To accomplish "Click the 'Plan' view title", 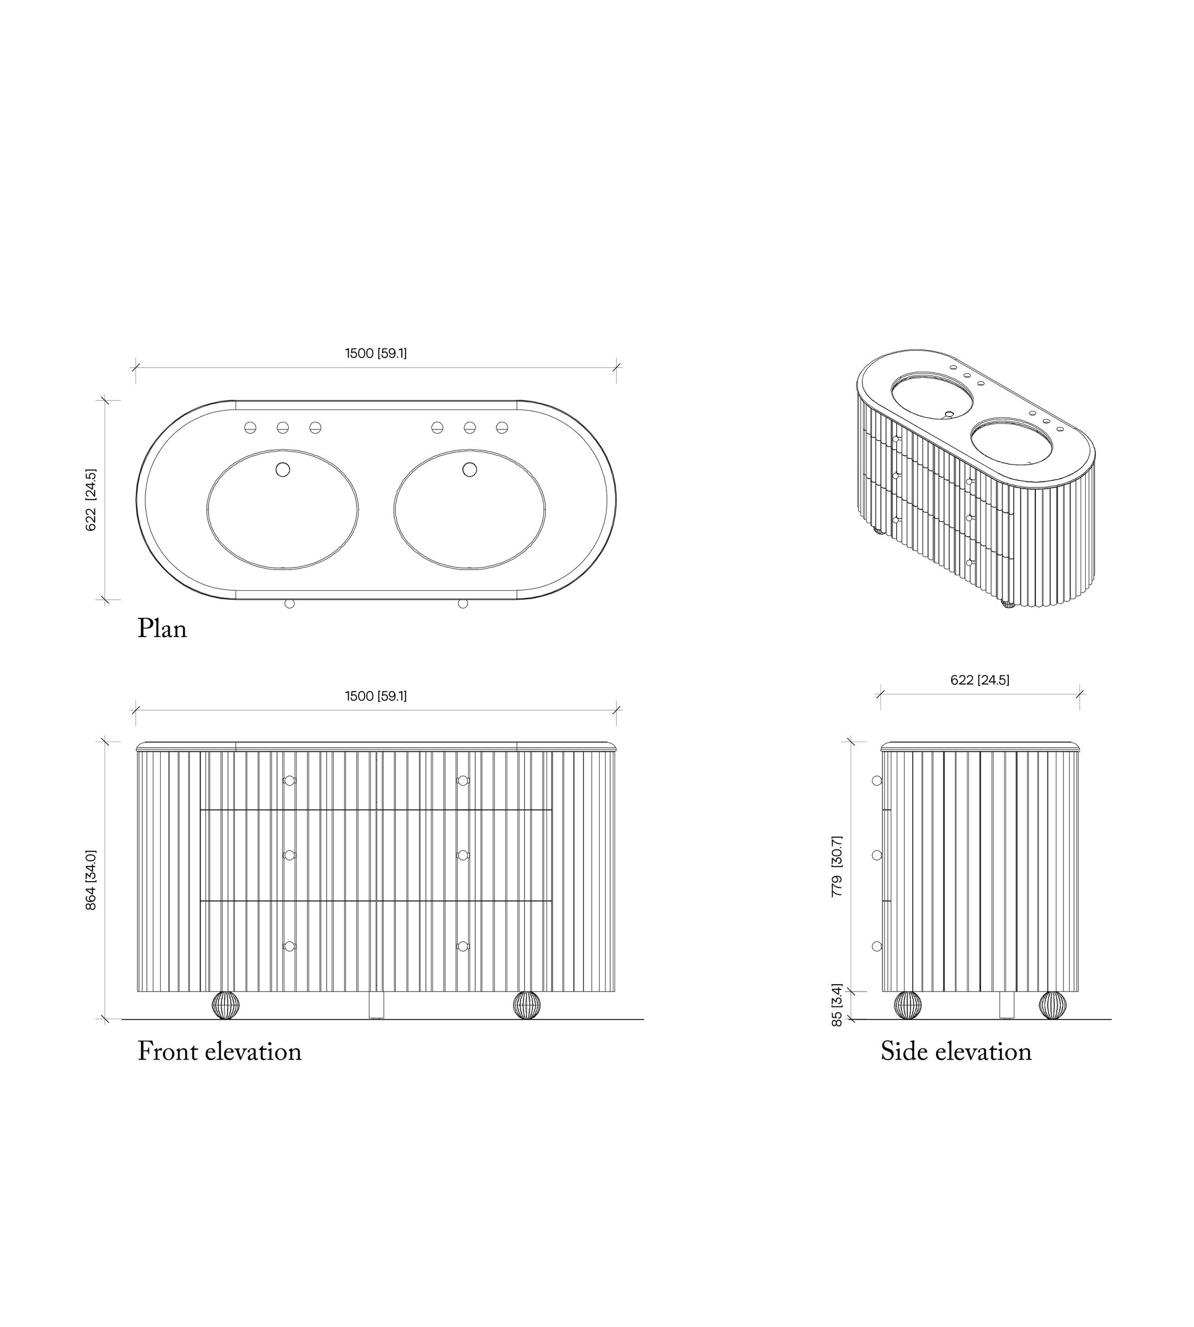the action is (x=162, y=630).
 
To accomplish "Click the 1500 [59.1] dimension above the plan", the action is (x=376, y=353).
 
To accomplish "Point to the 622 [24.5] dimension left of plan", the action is (x=91, y=499).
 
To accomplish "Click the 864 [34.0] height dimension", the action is (x=91, y=880).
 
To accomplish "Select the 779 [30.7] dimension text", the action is (x=836, y=866).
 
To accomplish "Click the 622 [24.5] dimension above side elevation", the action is (x=980, y=680).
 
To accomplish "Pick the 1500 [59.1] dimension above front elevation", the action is (x=376, y=696).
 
